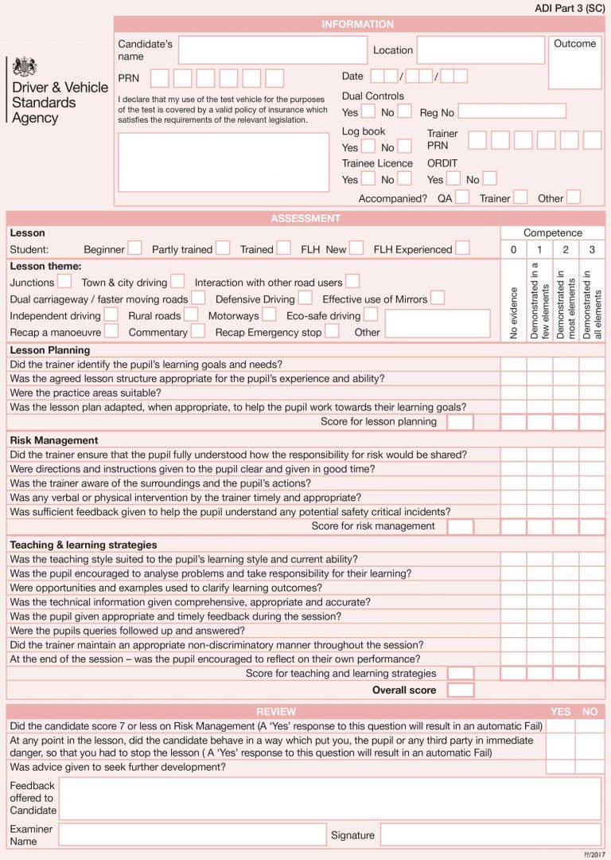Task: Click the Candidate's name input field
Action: click(272, 50)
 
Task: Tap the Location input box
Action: click(480, 50)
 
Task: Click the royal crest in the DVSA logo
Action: click(25, 67)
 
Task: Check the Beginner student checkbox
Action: click(135, 248)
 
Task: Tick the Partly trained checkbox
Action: click(223, 248)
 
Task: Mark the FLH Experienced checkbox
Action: click(462, 248)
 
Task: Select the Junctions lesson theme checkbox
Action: click(64, 282)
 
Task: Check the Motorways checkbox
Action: click(269, 315)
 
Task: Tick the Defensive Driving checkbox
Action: click(305, 299)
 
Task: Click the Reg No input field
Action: click(512, 111)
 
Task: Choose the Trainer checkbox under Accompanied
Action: click(520, 197)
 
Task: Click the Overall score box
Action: click(461, 690)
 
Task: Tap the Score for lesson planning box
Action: click(460, 422)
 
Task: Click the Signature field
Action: click(490, 835)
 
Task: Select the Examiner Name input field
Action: click(192, 835)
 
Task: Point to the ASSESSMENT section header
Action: click(305, 218)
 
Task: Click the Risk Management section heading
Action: click(54, 440)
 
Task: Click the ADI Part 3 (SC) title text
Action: click(570, 7)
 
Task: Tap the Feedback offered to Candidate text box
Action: click(330, 798)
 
